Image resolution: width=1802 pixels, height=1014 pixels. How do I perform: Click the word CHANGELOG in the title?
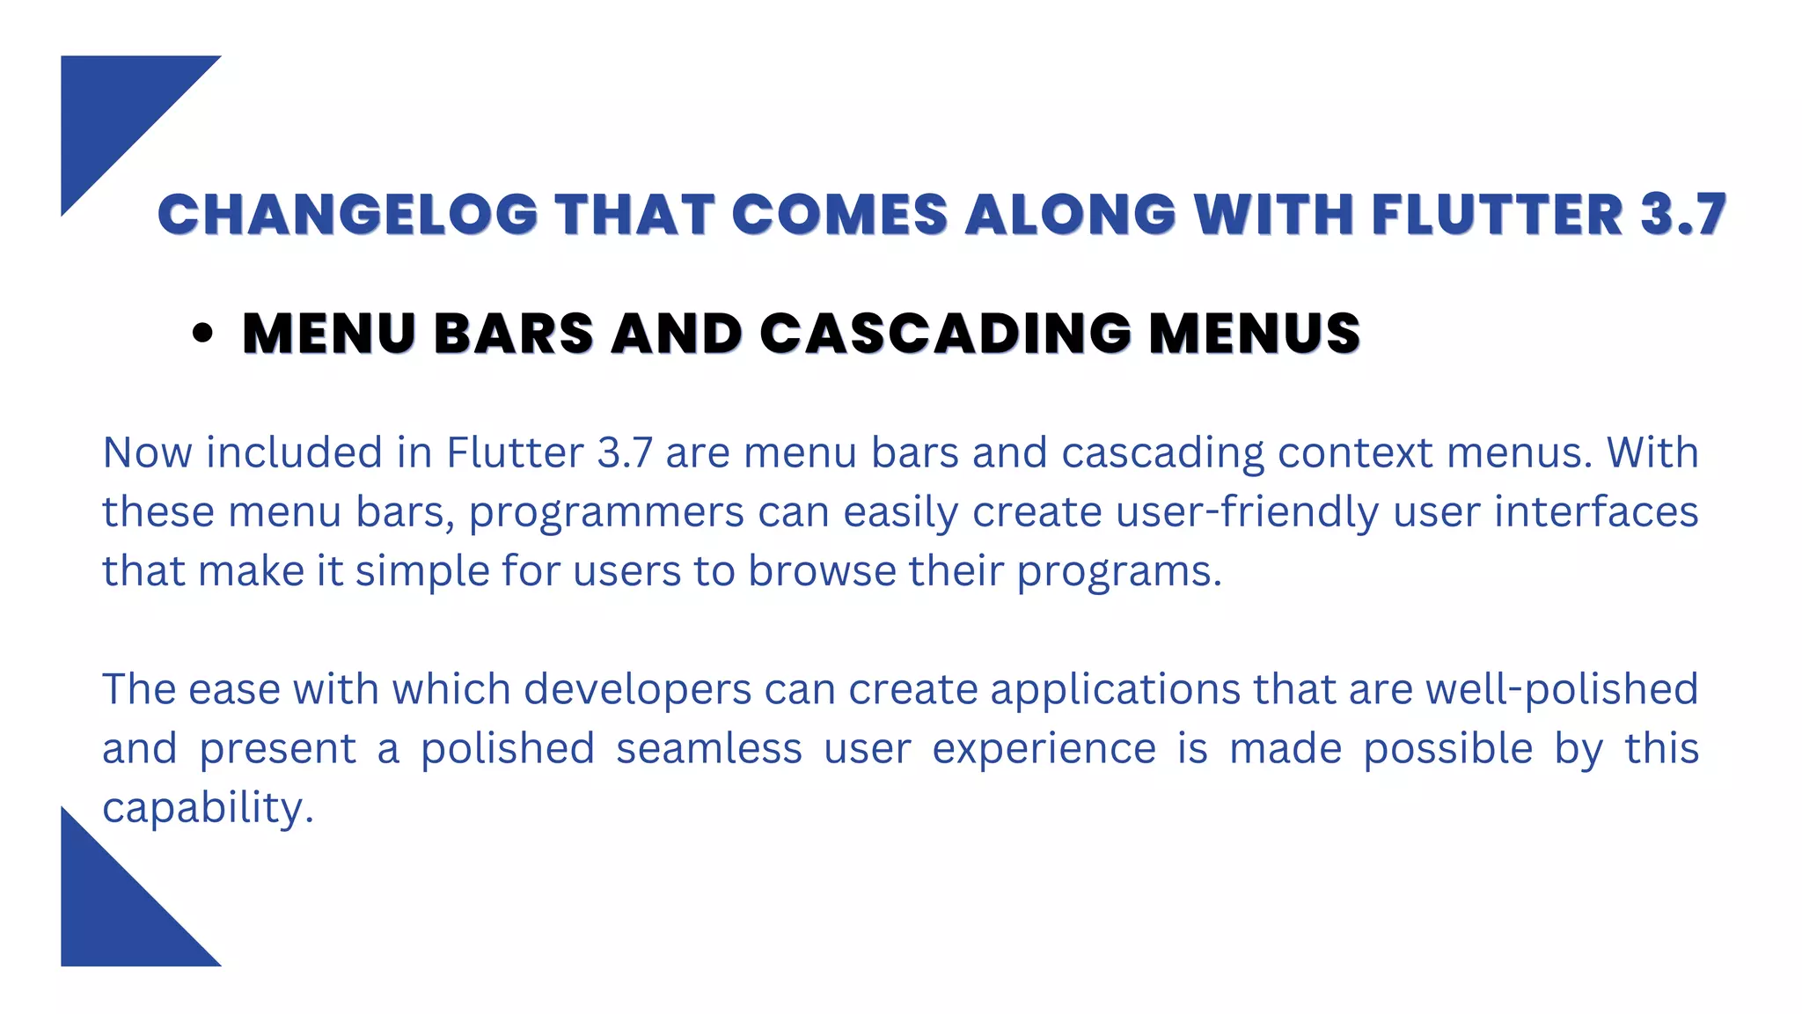pyautogui.click(x=348, y=215)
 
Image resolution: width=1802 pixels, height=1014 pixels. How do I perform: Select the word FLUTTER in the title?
pyautogui.click(x=1497, y=215)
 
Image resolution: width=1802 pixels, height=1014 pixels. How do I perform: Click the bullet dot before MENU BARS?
pyautogui.click(x=202, y=334)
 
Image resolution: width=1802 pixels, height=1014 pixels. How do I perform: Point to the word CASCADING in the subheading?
pyautogui.click(x=946, y=334)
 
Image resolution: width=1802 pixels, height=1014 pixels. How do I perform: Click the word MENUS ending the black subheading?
pyautogui.click(x=1255, y=334)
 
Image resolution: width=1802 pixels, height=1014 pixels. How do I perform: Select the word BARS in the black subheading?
pyautogui.click(x=514, y=334)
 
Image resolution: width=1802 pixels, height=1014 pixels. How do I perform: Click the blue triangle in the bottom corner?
pyautogui.click(x=114, y=915)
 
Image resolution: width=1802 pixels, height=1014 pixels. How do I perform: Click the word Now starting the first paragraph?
pyautogui.click(x=147, y=453)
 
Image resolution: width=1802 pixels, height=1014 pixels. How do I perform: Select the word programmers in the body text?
pyautogui.click(x=607, y=513)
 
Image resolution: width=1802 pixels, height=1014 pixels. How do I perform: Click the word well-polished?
pyautogui.click(x=1562, y=689)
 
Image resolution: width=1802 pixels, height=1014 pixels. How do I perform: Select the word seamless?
pyautogui.click(x=709, y=749)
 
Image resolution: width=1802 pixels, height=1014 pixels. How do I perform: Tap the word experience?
pyautogui.click(x=1044, y=750)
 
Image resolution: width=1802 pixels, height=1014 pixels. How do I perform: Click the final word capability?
pyautogui.click(x=208, y=808)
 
